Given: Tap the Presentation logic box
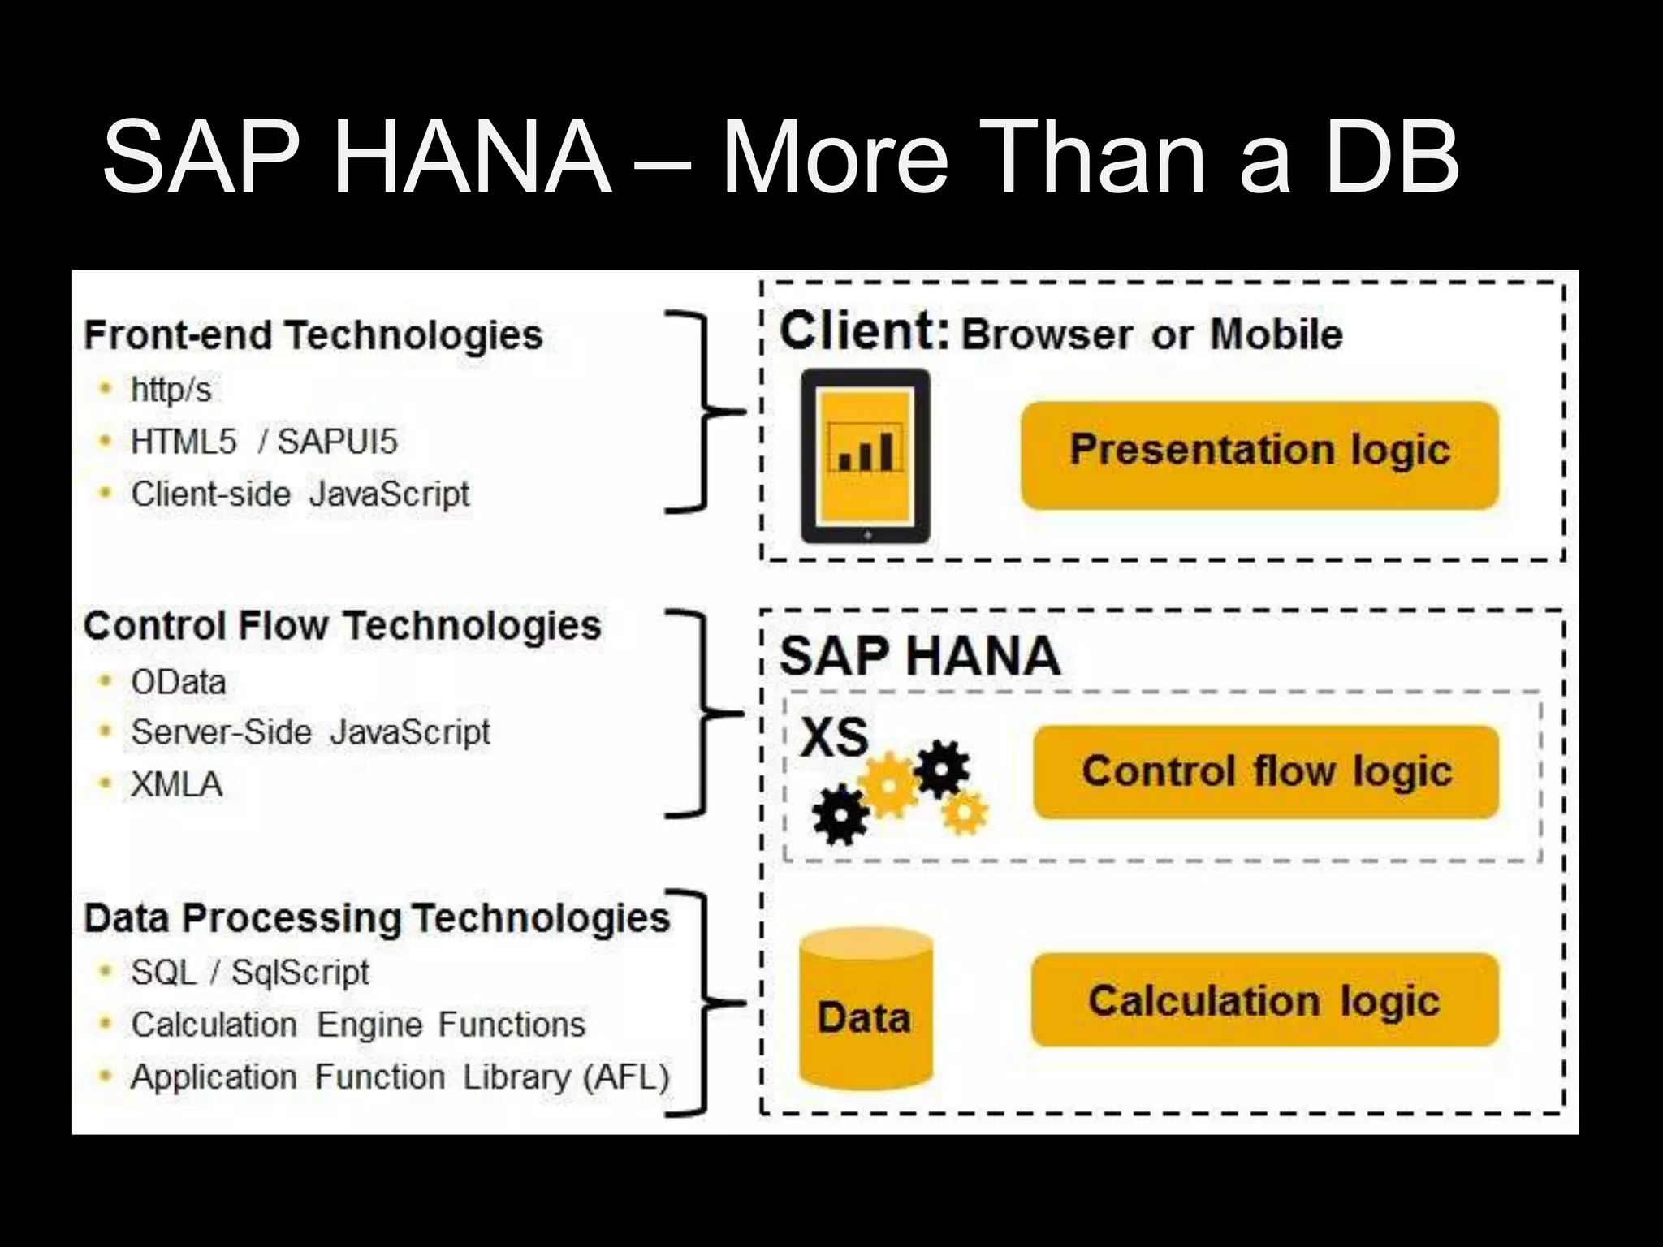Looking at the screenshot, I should tap(1259, 455).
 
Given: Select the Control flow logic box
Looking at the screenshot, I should tap(1265, 771).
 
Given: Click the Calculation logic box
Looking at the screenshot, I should tap(1263, 1000).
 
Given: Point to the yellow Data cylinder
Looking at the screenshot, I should tap(865, 1011).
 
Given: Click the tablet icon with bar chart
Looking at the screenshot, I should tap(866, 455).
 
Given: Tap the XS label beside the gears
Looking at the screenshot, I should tap(834, 737).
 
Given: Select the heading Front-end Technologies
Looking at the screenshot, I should tap(313, 335).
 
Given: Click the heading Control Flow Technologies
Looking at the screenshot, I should tap(342, 626).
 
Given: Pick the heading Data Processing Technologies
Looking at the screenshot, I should tap(377, 918).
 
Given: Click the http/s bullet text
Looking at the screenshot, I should tap(171, 390).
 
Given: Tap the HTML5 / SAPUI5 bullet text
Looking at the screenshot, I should tap(264, 442).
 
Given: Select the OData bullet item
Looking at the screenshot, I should tap(179, 682).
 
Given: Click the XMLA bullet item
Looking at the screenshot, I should tap(176, 785).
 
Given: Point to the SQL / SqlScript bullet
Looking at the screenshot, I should tap(249, 972).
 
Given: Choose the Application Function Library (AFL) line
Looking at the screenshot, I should tap(400, 1077).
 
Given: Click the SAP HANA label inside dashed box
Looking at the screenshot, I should tap(919, 656).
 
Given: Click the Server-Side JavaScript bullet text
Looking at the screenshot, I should tap(310, 732).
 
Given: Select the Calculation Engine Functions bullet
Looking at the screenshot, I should tap(358, 1025).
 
